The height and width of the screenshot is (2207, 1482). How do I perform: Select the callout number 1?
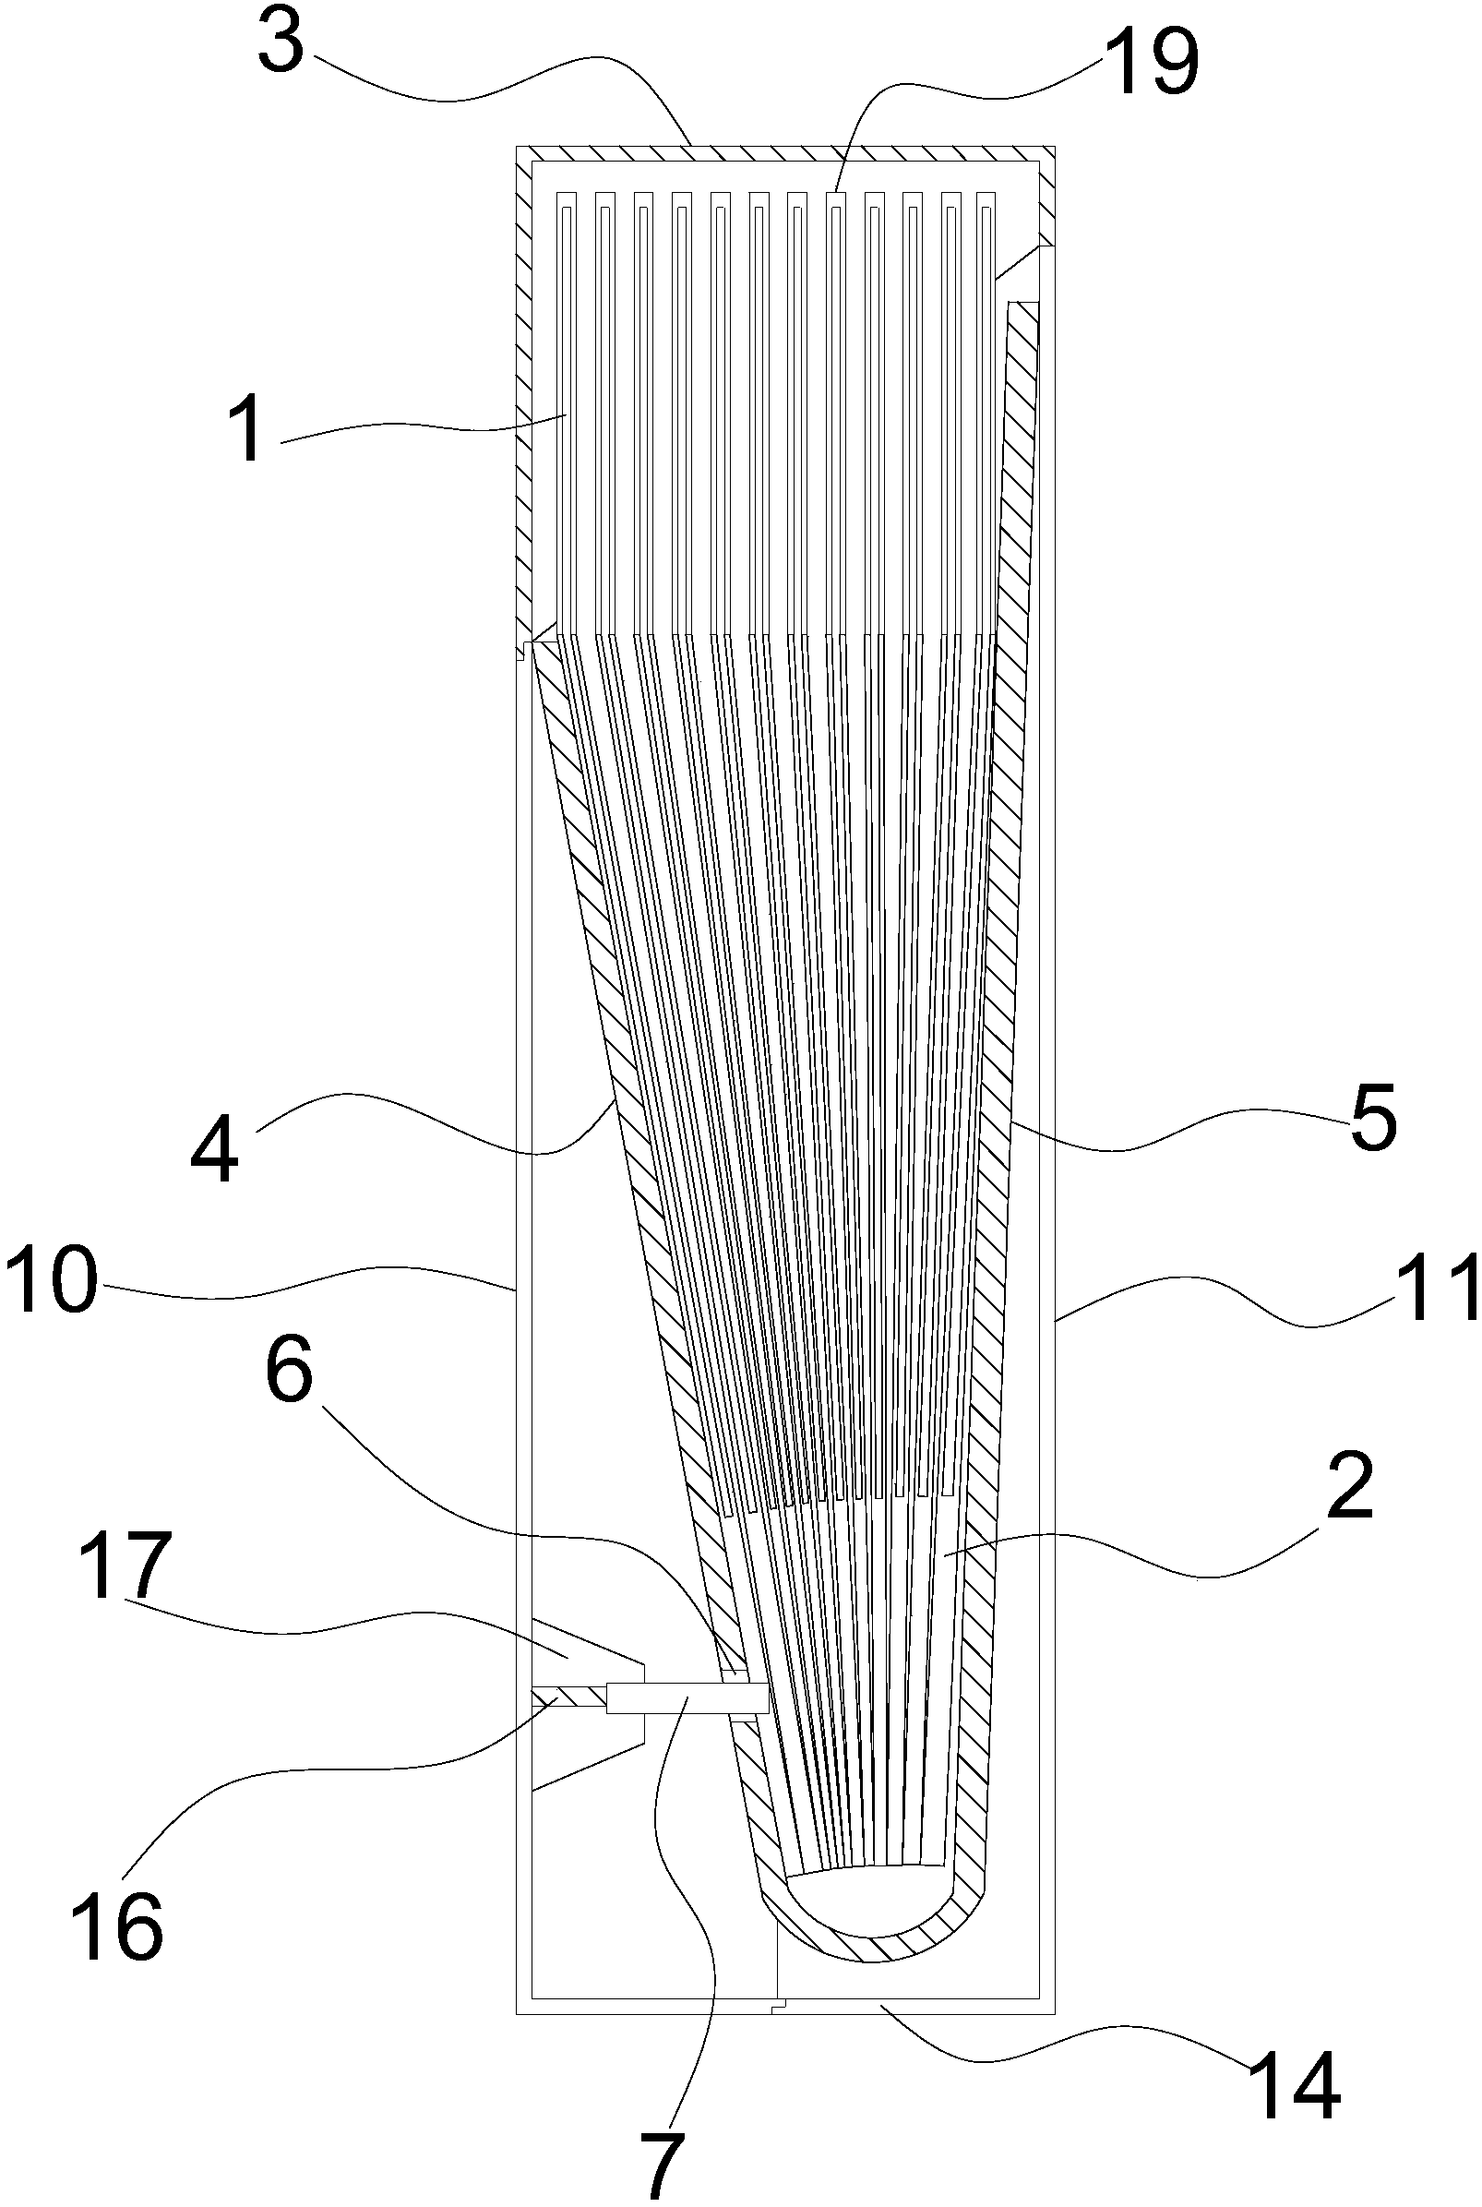point(247,433)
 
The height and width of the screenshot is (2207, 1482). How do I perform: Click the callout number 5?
point(1372,1121)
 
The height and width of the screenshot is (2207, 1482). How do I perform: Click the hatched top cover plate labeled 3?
point(784,153)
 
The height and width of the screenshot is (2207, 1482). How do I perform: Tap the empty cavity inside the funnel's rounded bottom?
point(869,1895)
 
